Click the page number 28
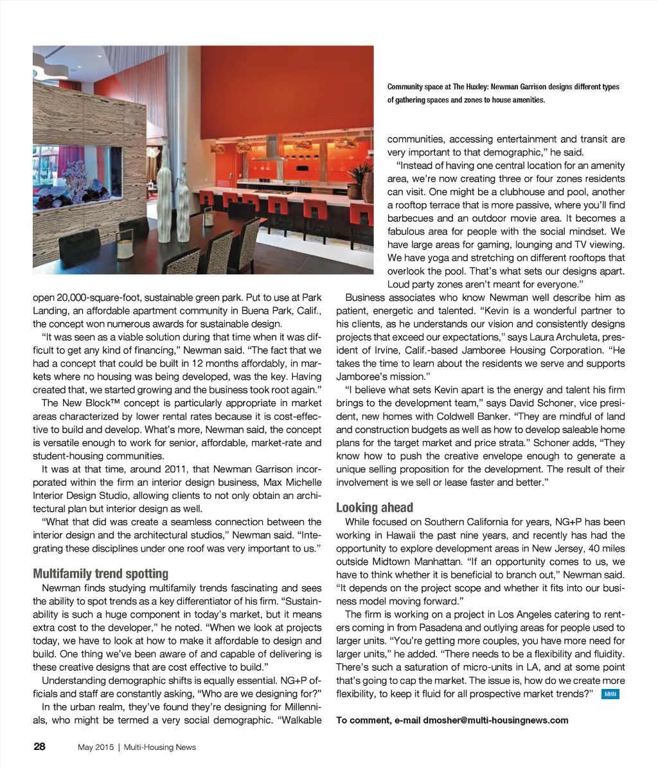(x=39, y=746)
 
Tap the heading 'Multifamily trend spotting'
(x=100, y=573)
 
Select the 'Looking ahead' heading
(x=375, y=507)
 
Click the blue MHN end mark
(x=610, y=694)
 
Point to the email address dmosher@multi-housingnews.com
(x=495, y=720)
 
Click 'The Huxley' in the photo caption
(x=470, y=87)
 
